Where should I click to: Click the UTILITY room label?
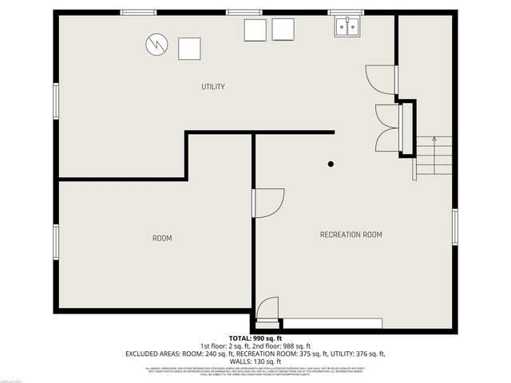click(x=213, y=86)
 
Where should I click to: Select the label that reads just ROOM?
click(x=162, y=238)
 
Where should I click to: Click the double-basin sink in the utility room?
click(x=347, y=28)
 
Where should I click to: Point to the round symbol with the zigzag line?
click(x=156, y=44)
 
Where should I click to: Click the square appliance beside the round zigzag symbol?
click(x=189, y=49)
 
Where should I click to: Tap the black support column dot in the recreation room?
click(x=331, y=164)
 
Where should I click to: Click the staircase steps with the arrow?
click(x=434, y=156)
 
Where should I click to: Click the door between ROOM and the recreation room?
click(x=267, y=202)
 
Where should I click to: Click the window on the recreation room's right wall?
click(x=454, y=227)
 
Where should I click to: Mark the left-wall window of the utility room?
click(x=56, y=101)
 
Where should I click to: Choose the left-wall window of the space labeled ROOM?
click(x=56, y=242)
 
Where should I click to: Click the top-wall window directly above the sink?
click(x=346, y=12)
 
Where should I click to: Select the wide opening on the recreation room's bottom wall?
click(x=332, y=323)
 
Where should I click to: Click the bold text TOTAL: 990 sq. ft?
click(x=255, y=339)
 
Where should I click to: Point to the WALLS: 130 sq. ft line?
click(x=255, y=361)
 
